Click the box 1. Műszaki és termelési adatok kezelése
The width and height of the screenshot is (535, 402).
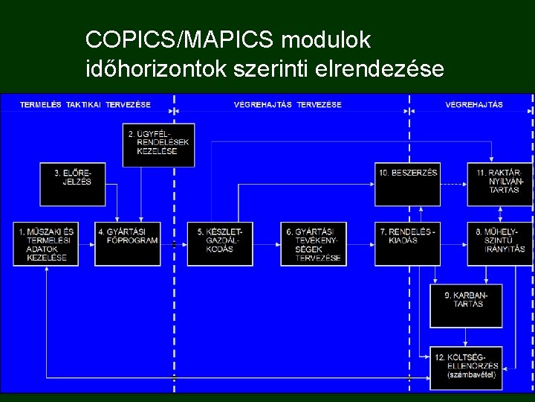coord(45,243)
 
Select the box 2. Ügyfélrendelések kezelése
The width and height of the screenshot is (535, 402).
coord(160,144)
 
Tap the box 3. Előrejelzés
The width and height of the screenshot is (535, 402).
coord(72,184)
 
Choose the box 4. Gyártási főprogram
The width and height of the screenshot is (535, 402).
coord(128,243)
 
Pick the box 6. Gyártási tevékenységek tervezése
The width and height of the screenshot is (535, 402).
coord(313,243)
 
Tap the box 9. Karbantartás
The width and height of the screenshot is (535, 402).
coord(465,306)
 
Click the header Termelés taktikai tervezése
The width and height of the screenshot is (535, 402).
coord(85,104)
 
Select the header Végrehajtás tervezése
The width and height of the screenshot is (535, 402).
coord(288,104)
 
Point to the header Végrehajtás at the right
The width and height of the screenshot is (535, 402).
coord(474,104)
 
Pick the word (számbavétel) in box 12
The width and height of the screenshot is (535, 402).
coord(470,376)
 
